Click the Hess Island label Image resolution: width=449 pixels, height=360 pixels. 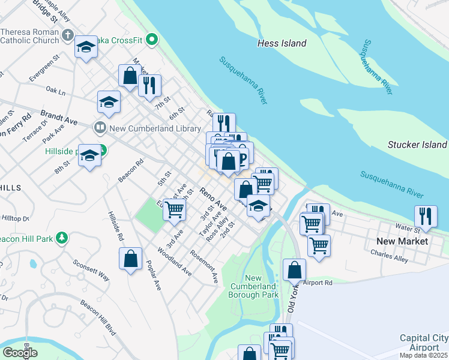tap(282, 43)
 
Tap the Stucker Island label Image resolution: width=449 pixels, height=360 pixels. tap(417, 145)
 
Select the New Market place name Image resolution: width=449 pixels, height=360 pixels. tap(402, 241)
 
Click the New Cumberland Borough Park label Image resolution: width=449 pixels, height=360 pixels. tap(253, 286)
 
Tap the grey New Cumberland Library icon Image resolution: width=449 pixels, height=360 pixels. tap(100, 127)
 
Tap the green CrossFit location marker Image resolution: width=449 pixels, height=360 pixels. tap(152, 40)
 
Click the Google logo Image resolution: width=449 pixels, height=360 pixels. tap(20, 352)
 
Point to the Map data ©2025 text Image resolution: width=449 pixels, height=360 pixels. tap(424, 356)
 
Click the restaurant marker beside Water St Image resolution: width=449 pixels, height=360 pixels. tap(425, 217)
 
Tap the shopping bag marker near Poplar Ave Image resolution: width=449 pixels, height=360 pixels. tap(130, 259)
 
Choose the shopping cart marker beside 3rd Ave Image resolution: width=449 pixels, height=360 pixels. tap(174, 210)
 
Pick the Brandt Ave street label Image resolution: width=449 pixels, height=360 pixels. tap(59, 116)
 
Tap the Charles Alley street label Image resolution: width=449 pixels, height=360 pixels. tap(389, 256)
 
